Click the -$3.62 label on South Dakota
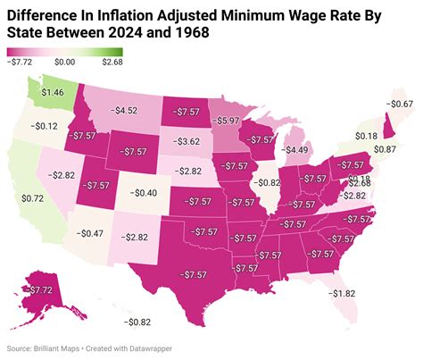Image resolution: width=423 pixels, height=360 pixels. pyautogui.click(x=189, y=141)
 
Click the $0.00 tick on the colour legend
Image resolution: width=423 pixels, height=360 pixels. pyautogui.click(x=63, y=63)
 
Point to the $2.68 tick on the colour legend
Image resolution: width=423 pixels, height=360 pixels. pyautogui.click(x=112, y=63)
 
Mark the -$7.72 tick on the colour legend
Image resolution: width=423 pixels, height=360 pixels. pyautogui.click(x=20, y=63)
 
